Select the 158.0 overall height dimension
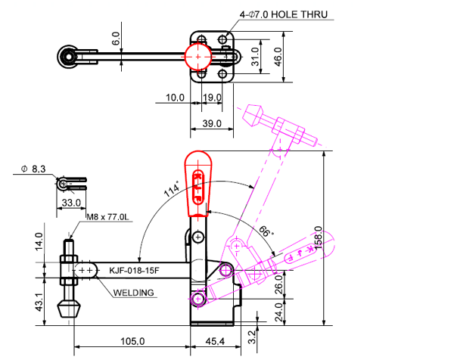319,240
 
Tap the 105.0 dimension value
132,342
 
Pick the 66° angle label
266,231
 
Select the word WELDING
134,293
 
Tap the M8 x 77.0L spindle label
109,217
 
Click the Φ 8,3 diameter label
34,169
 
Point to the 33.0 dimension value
71,203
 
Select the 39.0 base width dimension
212,123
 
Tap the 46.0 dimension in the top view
278,56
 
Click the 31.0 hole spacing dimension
255,56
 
